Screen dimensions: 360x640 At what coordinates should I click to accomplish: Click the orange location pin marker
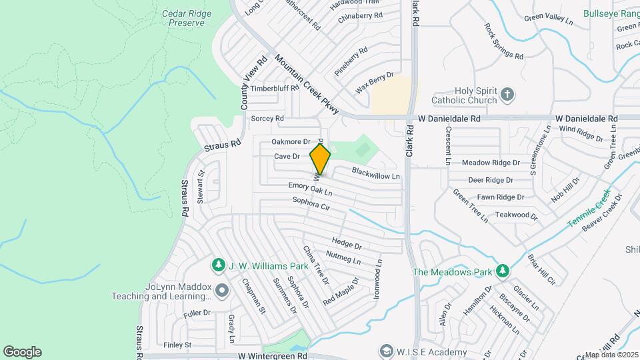(x=320, y=159)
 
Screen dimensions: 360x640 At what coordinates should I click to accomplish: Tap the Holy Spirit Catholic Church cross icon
(x=507, y=94)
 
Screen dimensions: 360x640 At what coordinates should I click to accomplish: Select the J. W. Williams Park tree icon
(x=218, y=266)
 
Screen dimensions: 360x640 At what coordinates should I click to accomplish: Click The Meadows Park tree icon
(x=503, y=271)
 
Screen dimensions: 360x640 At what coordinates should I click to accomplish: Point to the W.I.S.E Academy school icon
(x=386, y=351)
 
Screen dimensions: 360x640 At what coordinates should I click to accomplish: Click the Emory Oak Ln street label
(x=310, y=189)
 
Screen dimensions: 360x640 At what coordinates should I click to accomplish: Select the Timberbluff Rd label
(x=275, y=88)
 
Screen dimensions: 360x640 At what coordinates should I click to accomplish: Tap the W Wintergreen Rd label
(x=272, y=356)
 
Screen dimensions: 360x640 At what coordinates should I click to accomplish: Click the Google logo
(x=22, y=351)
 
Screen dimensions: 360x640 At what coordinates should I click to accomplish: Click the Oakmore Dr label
(x=291, y=142)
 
